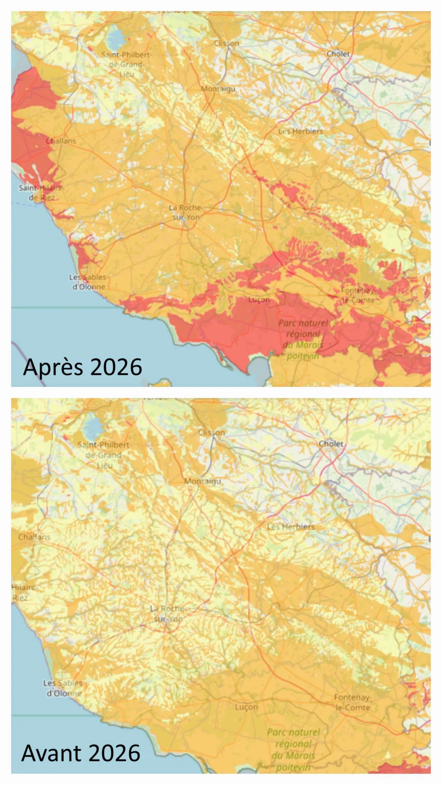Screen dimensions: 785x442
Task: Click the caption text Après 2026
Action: click(82, 367)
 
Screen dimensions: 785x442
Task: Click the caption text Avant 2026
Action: click(81, 753)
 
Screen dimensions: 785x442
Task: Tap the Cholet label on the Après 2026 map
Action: click(338, 54)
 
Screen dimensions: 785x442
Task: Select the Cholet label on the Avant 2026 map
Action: click(331, 443)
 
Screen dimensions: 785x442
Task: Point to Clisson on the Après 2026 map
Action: click(226, 43)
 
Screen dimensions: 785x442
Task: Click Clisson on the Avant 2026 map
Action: click(211, 432)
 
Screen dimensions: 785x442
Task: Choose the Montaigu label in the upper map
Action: click(218, 89)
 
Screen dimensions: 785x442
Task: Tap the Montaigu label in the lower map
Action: click(203, 481)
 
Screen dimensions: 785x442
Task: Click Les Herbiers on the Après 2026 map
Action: click(301, 131)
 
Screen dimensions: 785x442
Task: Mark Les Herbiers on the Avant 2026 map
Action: click(291, 527)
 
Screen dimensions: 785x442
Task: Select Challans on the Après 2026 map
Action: click(61, 141)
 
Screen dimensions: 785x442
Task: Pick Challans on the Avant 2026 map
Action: click(34, 537)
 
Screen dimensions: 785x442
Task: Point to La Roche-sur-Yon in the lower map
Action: click(168, 614)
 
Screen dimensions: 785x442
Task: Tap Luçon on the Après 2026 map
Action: click(259, 300)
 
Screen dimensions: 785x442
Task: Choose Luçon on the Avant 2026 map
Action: click(247, 707)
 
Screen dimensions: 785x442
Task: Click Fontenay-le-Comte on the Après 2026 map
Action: click(358, 295)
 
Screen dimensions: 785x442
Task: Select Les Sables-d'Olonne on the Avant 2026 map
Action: click(63, 688)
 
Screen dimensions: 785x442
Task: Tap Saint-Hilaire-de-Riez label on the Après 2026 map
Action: click(41, 192)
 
